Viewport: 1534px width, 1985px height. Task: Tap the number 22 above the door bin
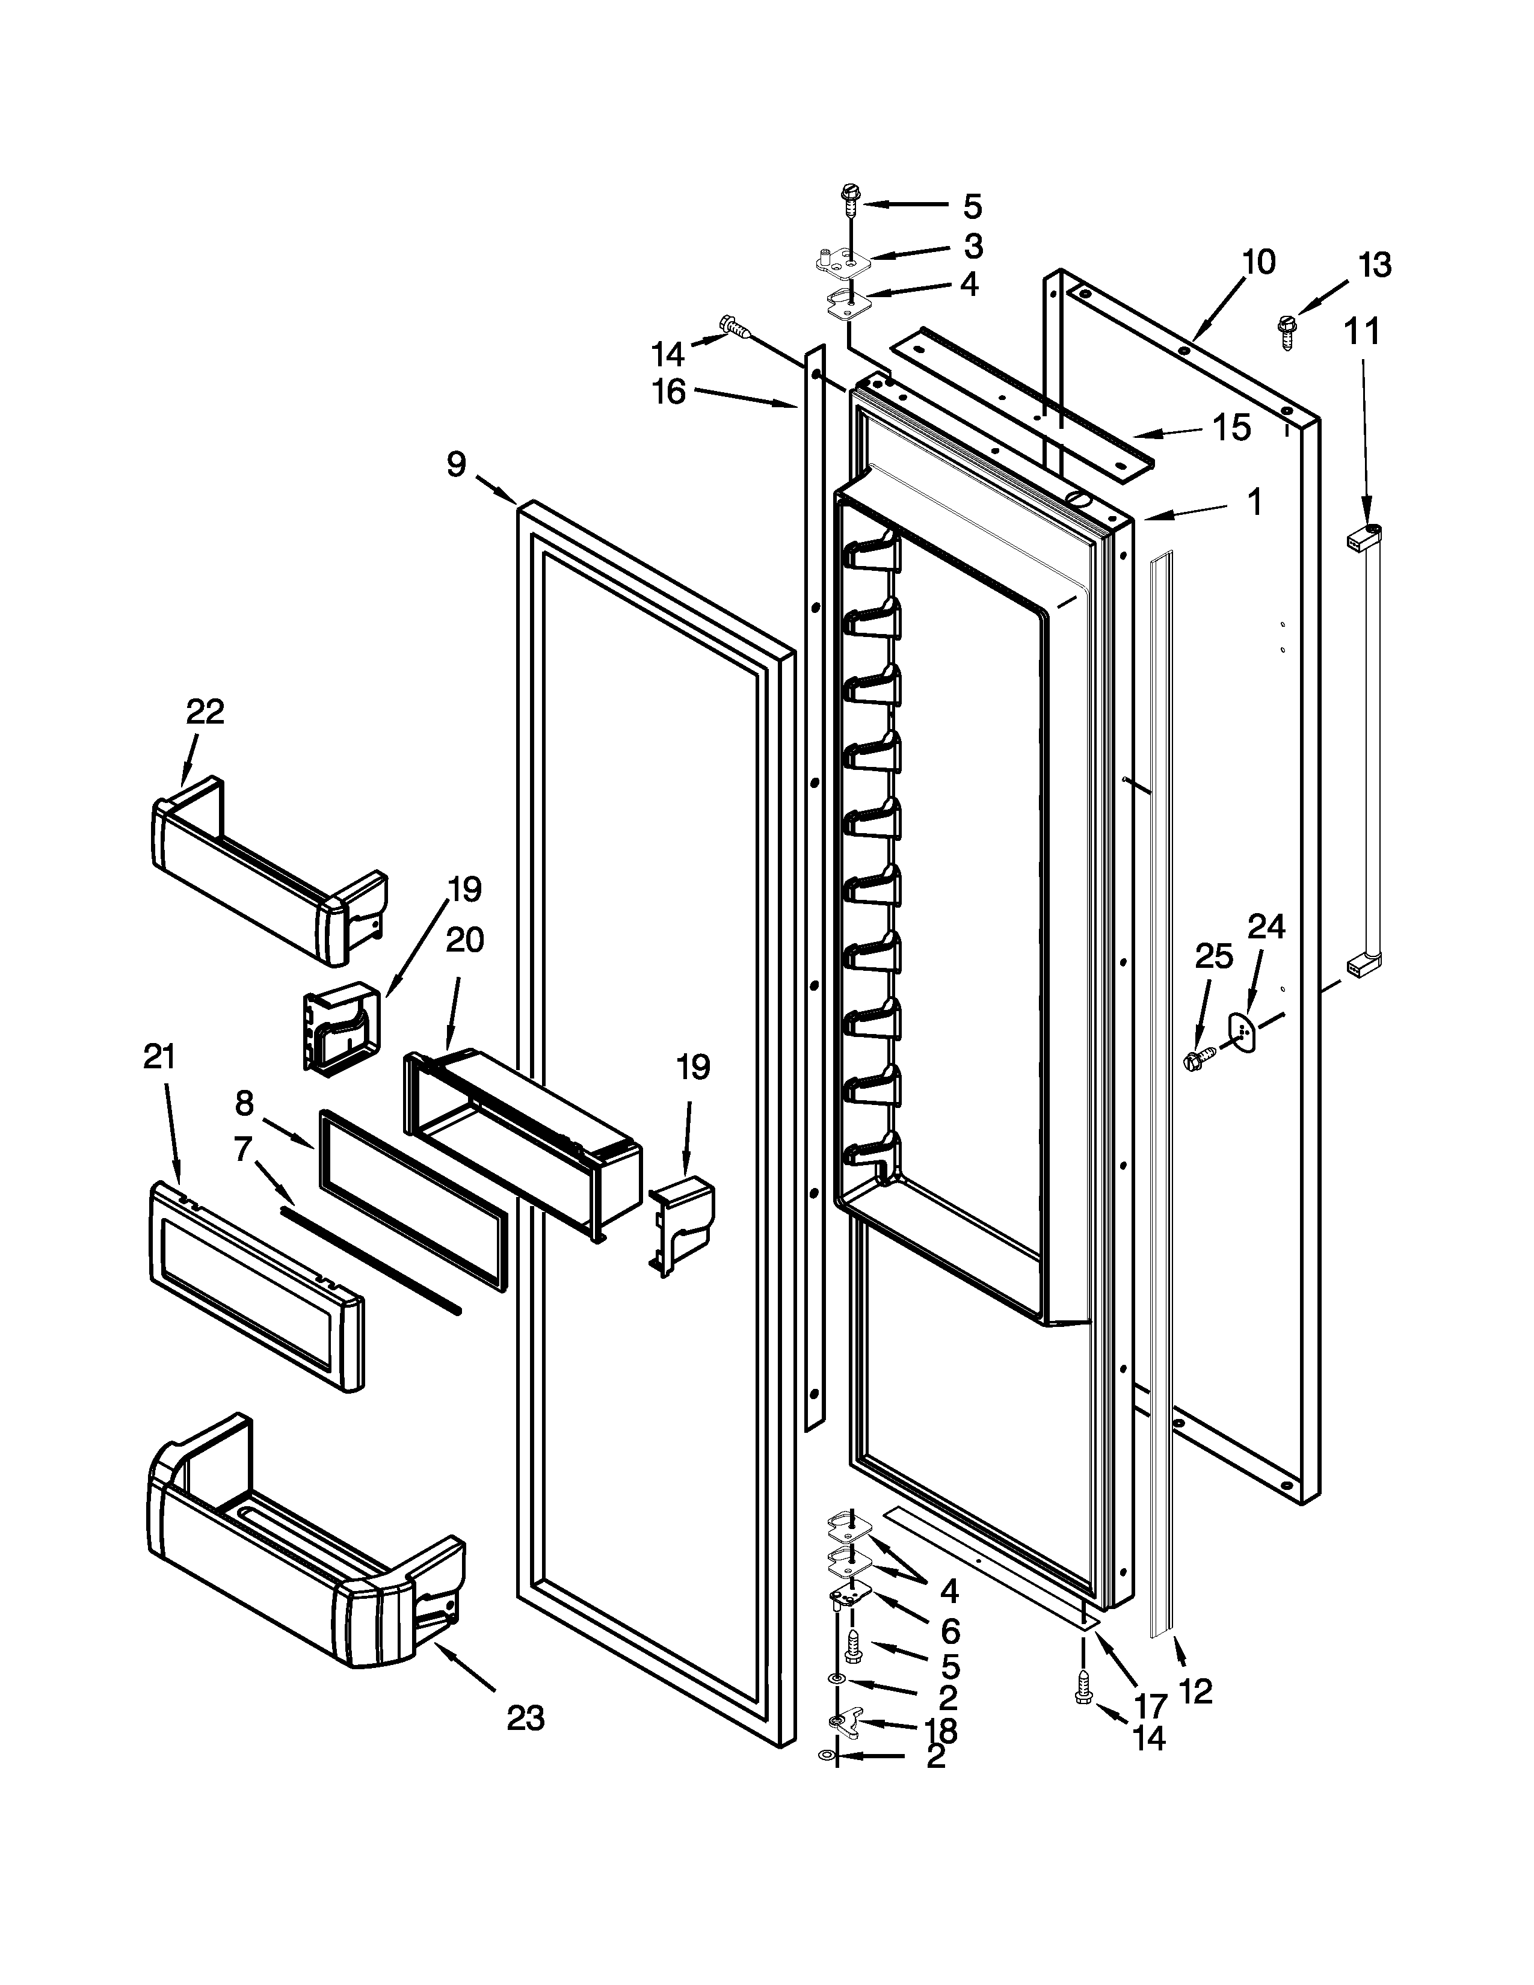205,712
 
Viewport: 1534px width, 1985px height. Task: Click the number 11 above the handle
1361,332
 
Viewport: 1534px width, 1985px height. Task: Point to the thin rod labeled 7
371,1259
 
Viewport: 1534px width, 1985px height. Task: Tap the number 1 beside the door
1255,502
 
